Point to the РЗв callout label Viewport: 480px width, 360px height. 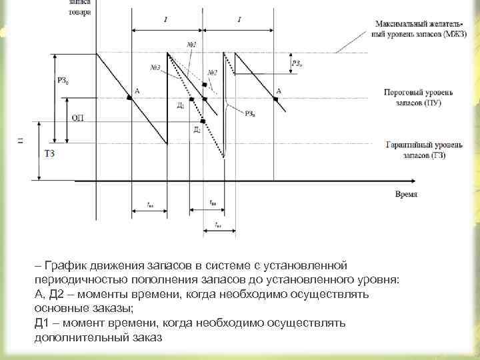(249, 113)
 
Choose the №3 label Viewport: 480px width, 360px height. (155, 67)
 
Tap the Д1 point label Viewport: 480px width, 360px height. (181, 105)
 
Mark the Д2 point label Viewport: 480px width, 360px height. (197, 129)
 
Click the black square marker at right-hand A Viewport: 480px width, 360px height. (275, 99)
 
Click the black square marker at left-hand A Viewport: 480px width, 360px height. (129, 98)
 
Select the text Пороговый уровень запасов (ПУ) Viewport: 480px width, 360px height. (415, 98)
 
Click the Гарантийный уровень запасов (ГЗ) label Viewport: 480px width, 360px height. (415, 150)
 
